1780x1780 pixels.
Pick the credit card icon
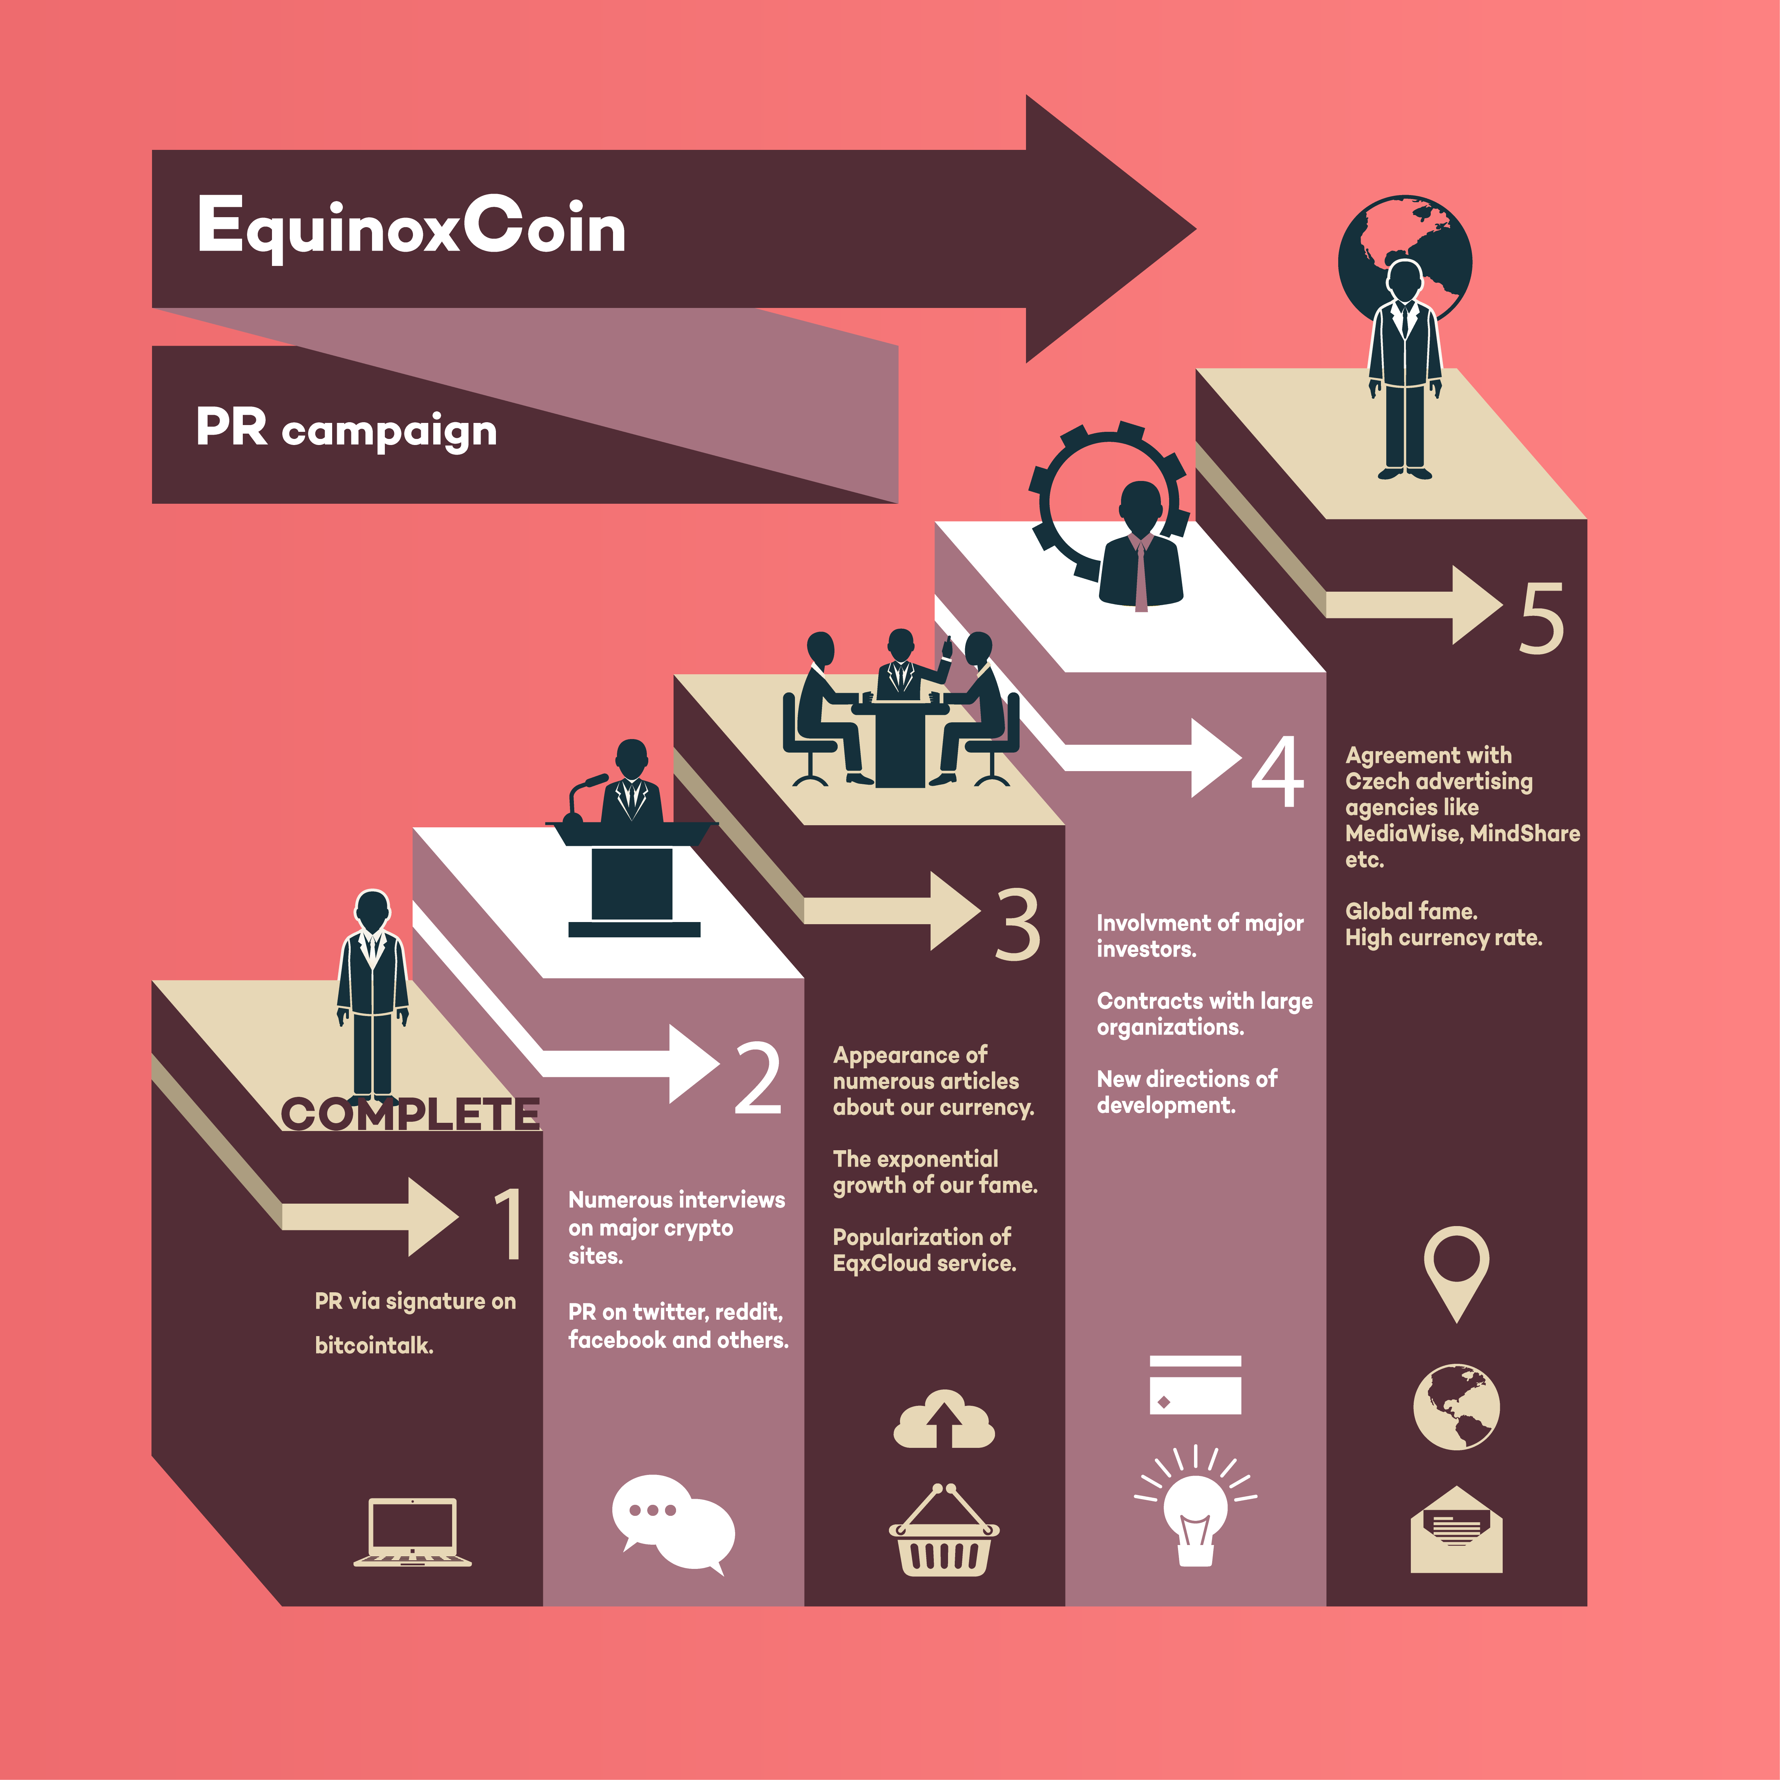pos(1195,1385)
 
